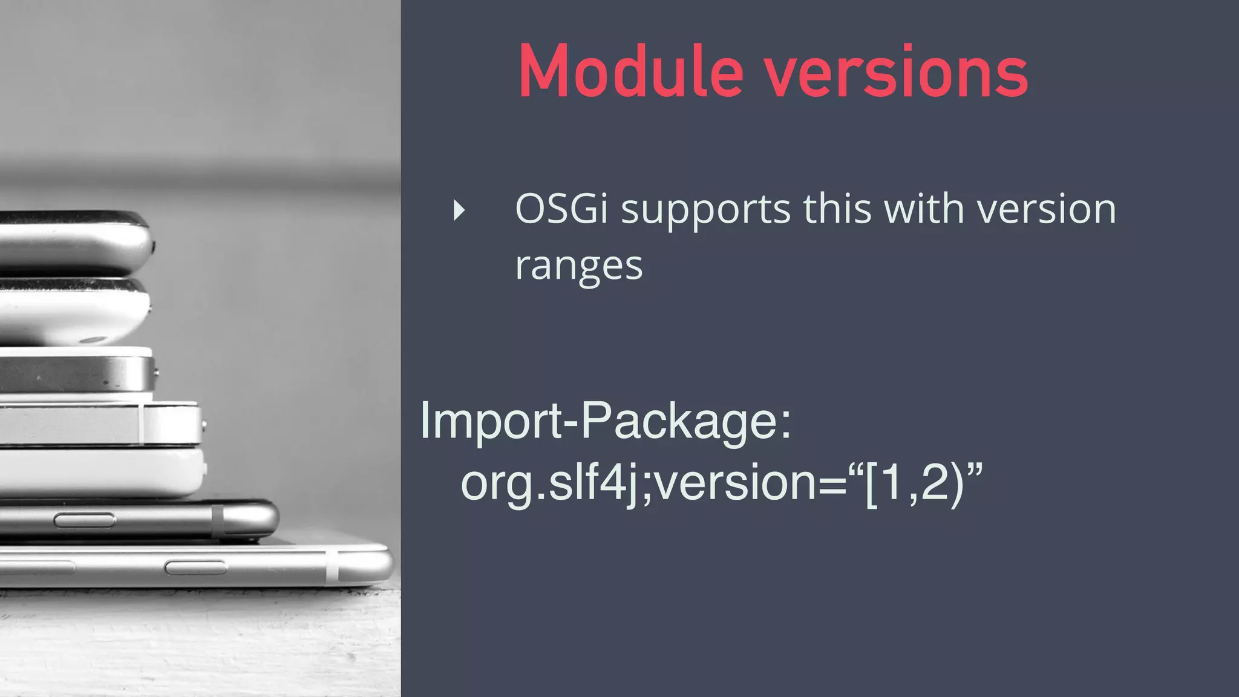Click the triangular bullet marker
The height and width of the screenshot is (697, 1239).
pos(459,211)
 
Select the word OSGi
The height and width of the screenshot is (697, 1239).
pos(561,209)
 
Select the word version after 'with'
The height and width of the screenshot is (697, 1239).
pos(1047,209)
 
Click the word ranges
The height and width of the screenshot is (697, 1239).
pos(578,267)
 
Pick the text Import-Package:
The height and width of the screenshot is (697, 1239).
pos(605,421)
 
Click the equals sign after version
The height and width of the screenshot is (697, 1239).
pos(832,484)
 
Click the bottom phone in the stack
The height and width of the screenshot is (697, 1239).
pos(194,566)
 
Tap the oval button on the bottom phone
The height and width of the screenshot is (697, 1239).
pos(195,567)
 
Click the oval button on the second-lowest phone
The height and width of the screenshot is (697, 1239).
pos(84,520)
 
